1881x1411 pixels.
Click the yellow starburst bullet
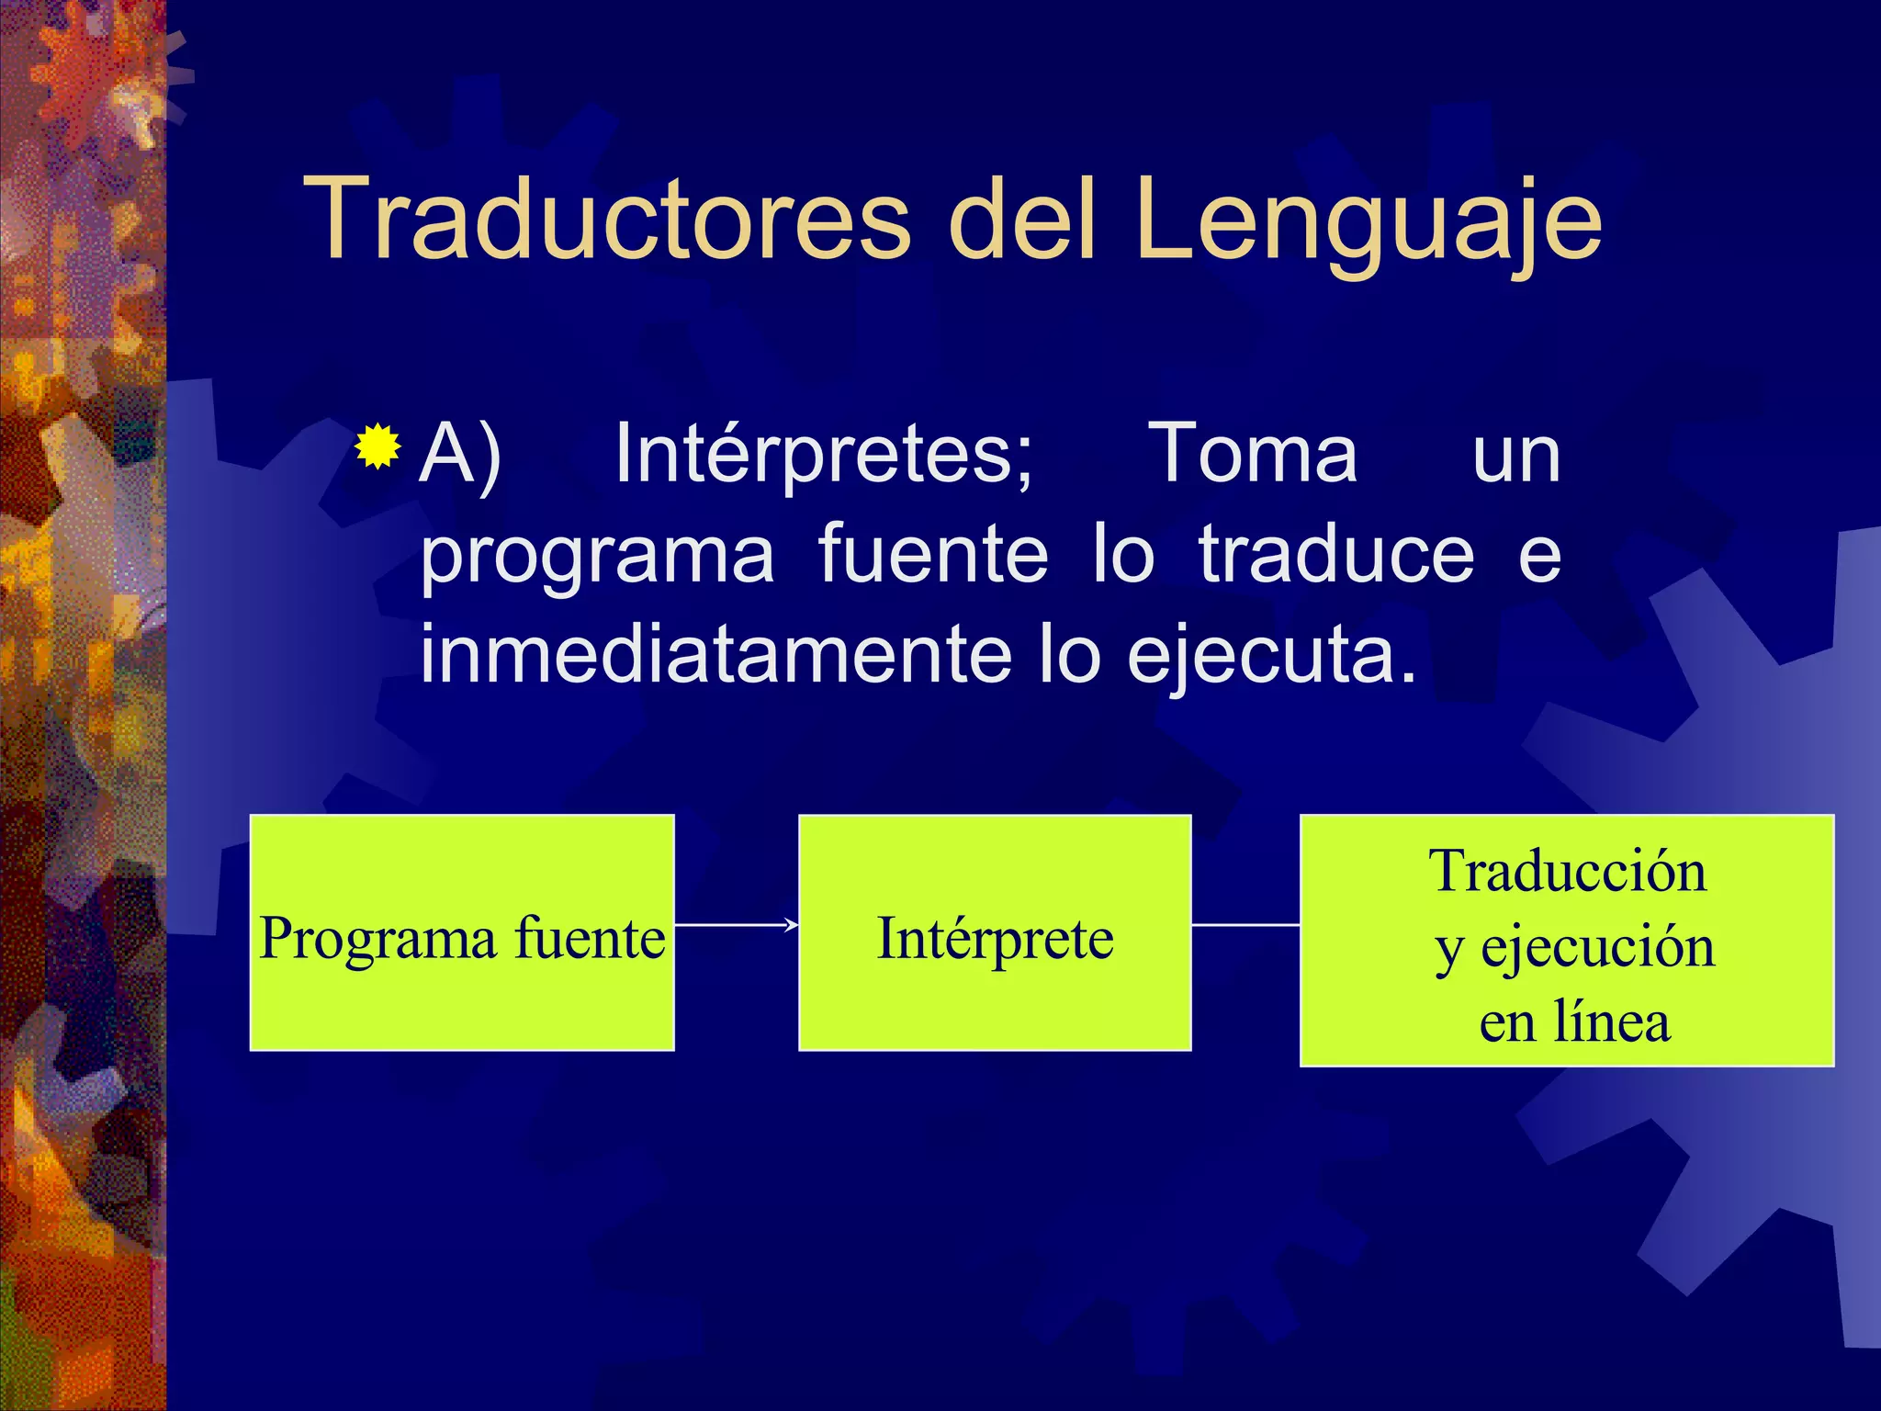pos(377,447)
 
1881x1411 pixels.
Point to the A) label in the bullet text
pos(460,453)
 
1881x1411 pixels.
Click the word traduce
pos(1336,554)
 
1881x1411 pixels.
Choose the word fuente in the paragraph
pos(932,554)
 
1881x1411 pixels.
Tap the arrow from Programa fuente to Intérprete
pos(736,925)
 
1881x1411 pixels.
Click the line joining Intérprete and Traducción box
pos(1245,925)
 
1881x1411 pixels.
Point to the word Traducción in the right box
pos(1567,871)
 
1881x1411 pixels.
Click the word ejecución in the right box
pos(1597,947)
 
